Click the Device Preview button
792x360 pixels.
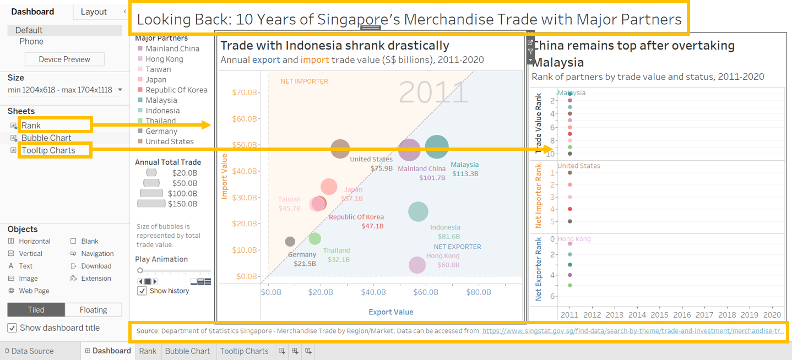tap(64, 59)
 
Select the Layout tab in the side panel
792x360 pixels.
tap(94, 12)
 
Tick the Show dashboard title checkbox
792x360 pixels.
tap(12, 328)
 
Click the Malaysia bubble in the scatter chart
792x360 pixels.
tap(437, 147)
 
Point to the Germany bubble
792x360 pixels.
tap(290, 242)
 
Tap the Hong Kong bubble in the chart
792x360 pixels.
tap(417, 265)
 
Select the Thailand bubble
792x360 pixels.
tap(314, 238)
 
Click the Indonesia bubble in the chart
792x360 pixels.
tap(418, 212)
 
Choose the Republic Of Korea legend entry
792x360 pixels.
tap(176, 90)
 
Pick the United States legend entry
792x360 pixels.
tap(169, 141)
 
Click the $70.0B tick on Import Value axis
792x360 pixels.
tap(245, 92)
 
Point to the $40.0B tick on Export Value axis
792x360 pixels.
tap(373, 292)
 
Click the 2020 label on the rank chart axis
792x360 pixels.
tap(771, 315)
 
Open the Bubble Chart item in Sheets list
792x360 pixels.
tap(46, 138)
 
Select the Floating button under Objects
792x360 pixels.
tap(93, 310)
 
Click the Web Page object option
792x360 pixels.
tap(34, 291)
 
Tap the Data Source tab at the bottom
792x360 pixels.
tap(32, 351)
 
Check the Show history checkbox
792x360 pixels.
tap(142, 291)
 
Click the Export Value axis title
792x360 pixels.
tap(391, 312)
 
